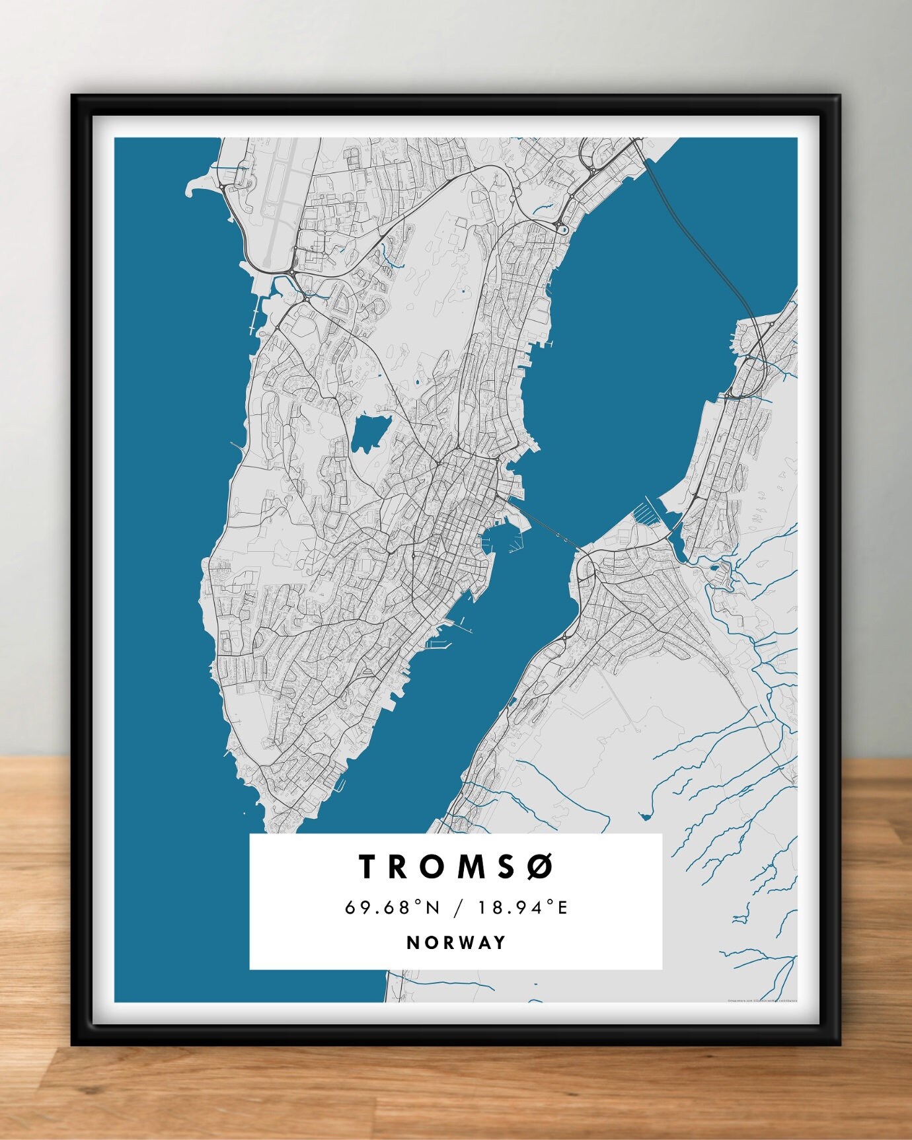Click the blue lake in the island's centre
coord(370,433)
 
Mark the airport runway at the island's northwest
coord(277,211)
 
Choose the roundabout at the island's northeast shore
coord(563,229)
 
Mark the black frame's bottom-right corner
coord(841,1045)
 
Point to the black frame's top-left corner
coord(72,96)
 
